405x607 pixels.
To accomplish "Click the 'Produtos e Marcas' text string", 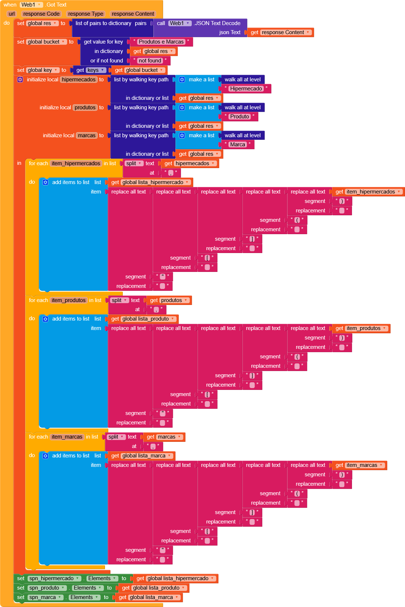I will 161,42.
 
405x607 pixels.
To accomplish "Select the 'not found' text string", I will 150,61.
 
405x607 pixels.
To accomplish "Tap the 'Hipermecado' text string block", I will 246,89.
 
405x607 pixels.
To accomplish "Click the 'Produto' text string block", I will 239,117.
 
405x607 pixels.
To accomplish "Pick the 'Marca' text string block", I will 237,144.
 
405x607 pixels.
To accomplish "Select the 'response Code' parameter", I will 41,14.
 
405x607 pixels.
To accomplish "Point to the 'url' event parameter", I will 12,14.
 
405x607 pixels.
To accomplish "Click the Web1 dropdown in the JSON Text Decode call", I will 180,23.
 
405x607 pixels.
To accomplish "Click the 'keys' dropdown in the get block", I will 96,70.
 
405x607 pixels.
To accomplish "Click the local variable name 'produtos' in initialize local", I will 85,107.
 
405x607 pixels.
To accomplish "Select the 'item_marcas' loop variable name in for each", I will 67,437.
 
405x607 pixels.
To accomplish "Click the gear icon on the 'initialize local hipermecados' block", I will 20,80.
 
